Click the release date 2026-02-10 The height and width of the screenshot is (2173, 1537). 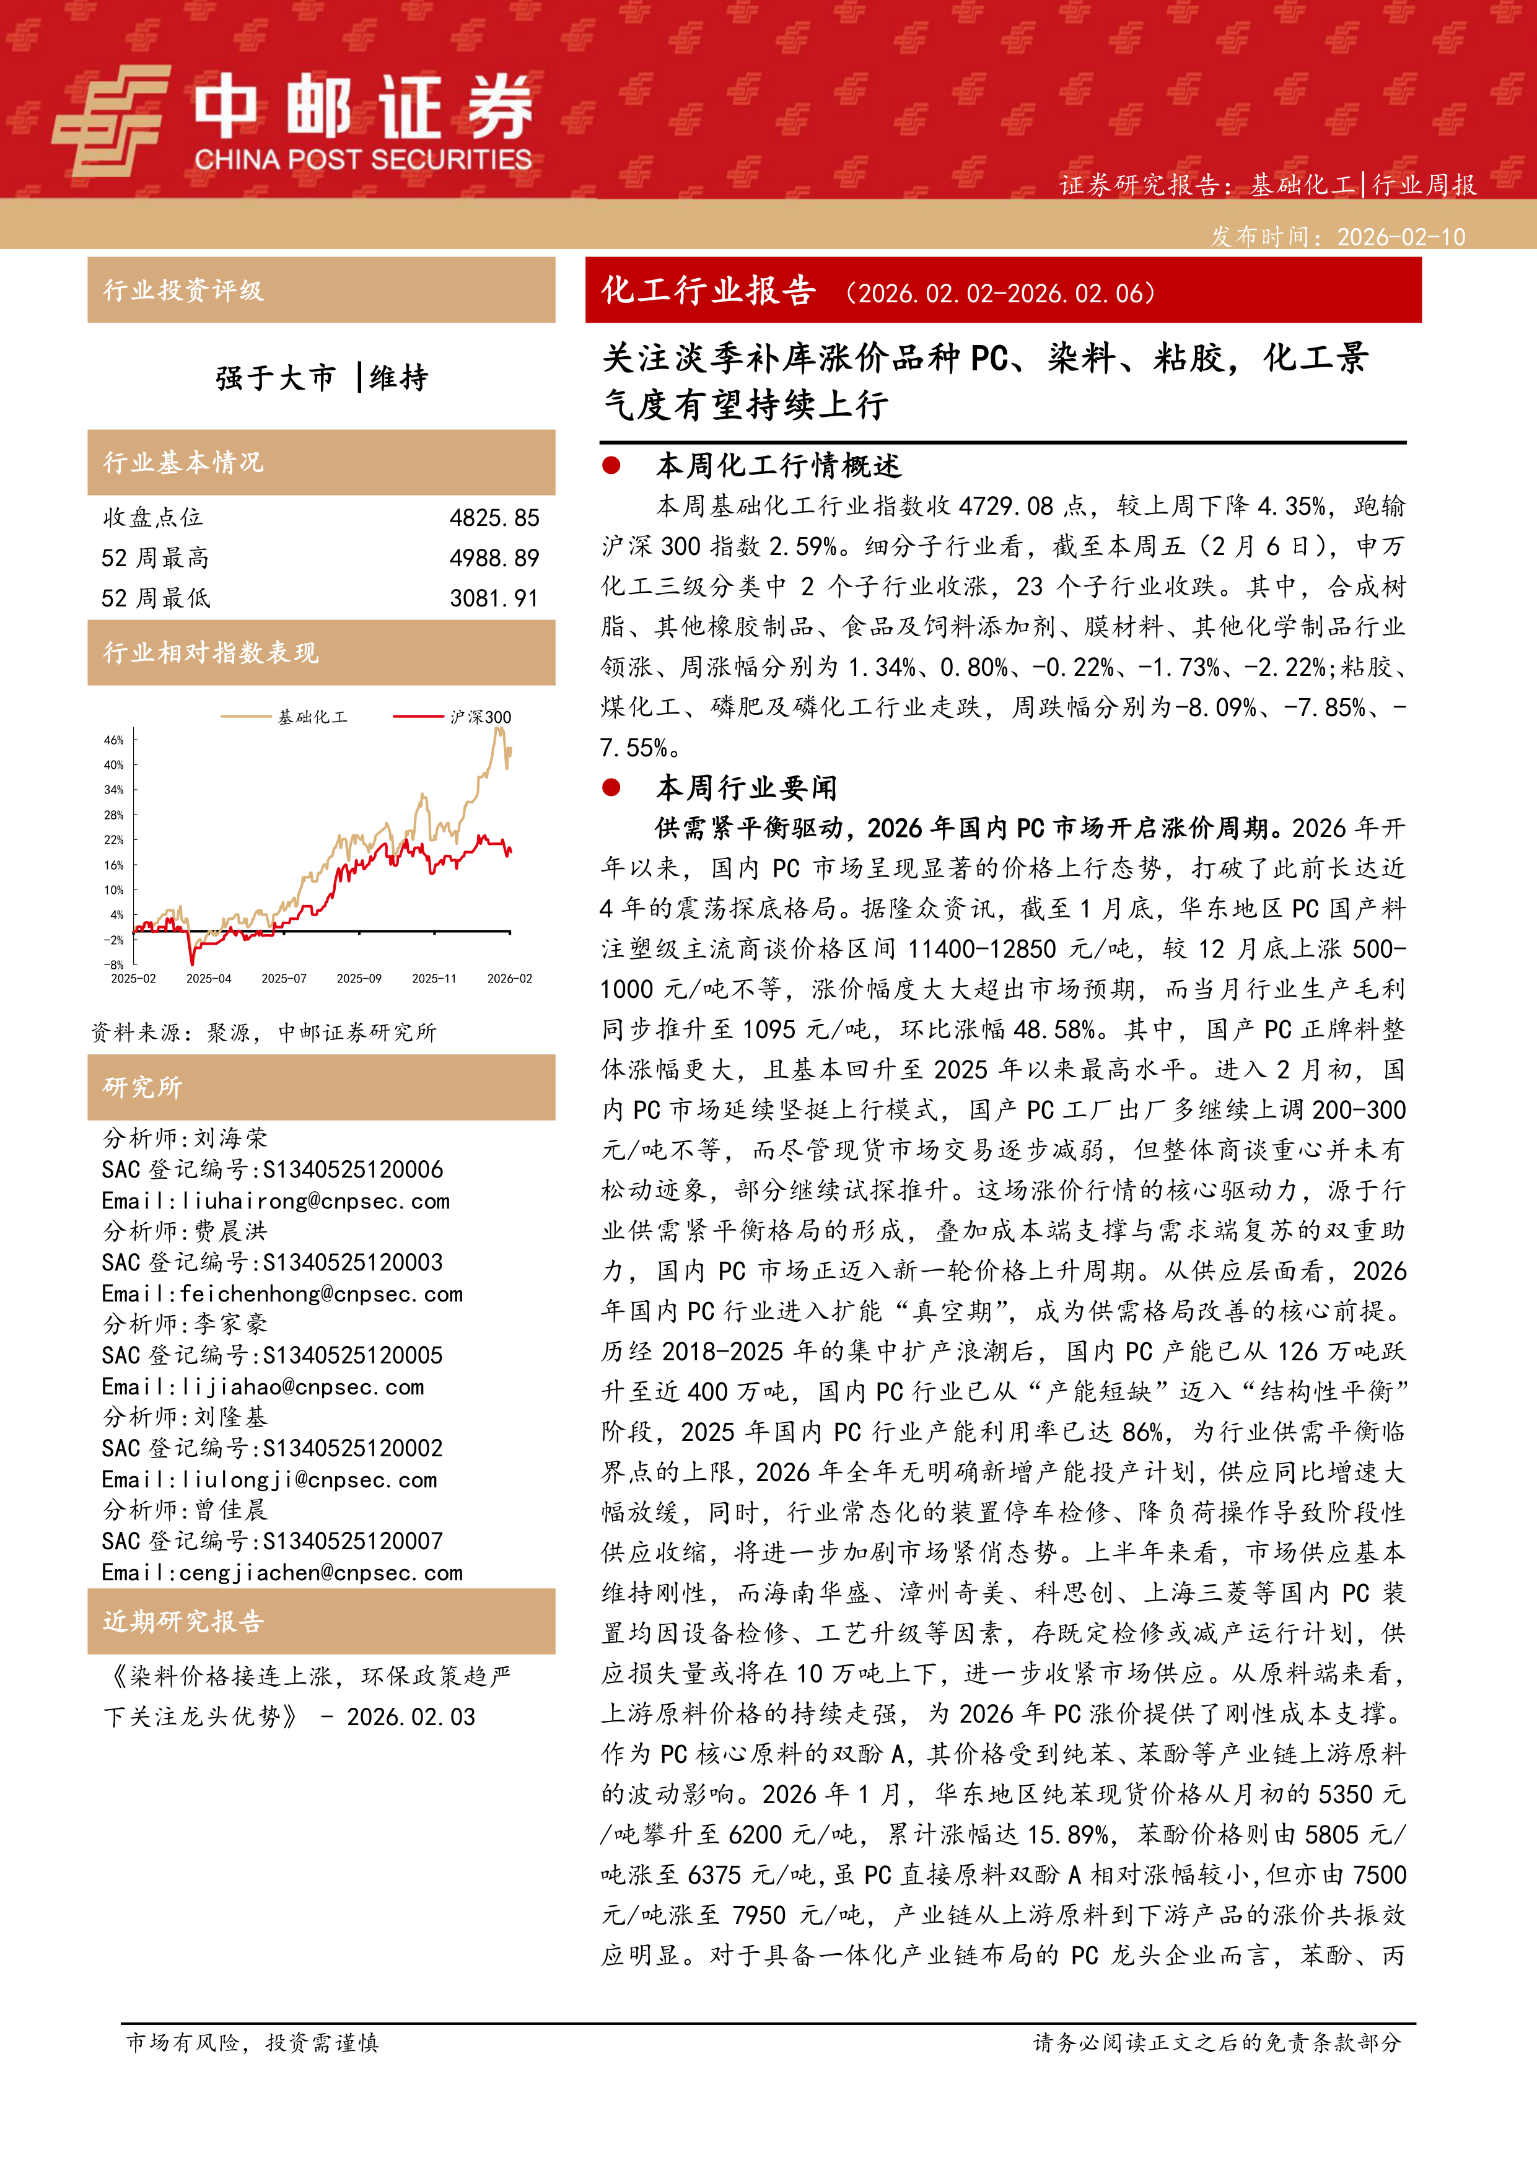(x=1401, y=237)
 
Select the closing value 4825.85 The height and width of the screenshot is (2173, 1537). (x=494, y=518)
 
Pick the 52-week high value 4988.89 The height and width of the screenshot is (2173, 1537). (x=494, y=558)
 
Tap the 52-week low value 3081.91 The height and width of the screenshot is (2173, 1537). (x=494, y=598)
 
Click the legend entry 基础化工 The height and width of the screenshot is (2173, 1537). (x=312, y=717)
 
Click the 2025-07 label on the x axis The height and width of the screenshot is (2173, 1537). (x=284, y=979)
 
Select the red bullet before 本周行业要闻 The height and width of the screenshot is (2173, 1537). (x=611, y=787)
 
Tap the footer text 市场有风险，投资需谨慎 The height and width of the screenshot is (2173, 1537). (x=253, y=2042)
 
